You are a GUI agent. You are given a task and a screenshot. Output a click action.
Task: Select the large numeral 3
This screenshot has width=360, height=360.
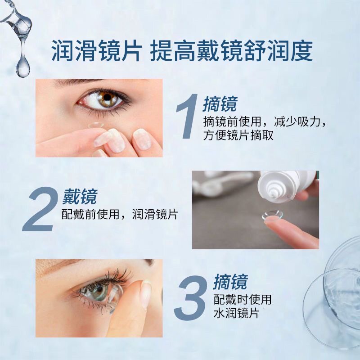click(192, 297)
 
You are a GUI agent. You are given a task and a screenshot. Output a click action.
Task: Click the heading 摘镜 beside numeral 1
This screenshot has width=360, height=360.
click(220, 104)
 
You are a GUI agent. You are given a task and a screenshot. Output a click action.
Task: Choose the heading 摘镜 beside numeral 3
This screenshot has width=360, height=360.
click(230, 282)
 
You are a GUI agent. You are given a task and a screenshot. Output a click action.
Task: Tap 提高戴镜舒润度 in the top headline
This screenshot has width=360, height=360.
click(231, 51)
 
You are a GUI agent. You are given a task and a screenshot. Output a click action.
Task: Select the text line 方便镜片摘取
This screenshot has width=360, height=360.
click(238, 135)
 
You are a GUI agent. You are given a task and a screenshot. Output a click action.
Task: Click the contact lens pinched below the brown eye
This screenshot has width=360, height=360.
click(97, 129)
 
